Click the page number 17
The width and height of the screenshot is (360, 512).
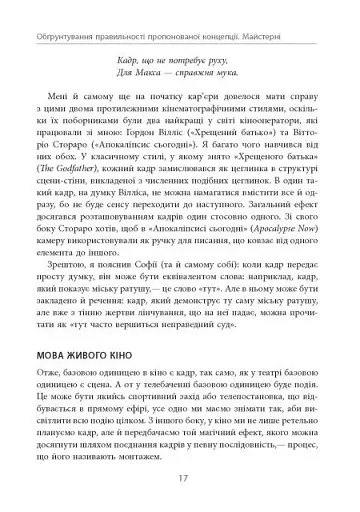179,476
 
